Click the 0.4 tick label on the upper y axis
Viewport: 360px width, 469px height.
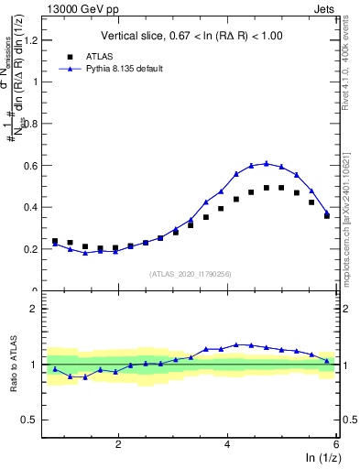pyautogui.click(x=34, y=207)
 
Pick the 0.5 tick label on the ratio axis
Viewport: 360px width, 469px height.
pyautogui.click(x=34, y=420)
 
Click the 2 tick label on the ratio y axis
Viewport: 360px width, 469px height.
pyautogui.click(x=39, y=309)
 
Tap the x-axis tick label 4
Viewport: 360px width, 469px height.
pyautogui.click(x=227, y=443)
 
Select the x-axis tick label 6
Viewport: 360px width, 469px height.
pyautogui.click(x=335, y=443)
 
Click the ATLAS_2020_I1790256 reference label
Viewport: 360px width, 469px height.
pyautogui.click(x=191, y=274)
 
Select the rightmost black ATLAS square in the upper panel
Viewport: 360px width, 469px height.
pyautogui.click(x=327, y=216)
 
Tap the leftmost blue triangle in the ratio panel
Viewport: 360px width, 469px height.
pyautogui.click(x=55, y=369)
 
